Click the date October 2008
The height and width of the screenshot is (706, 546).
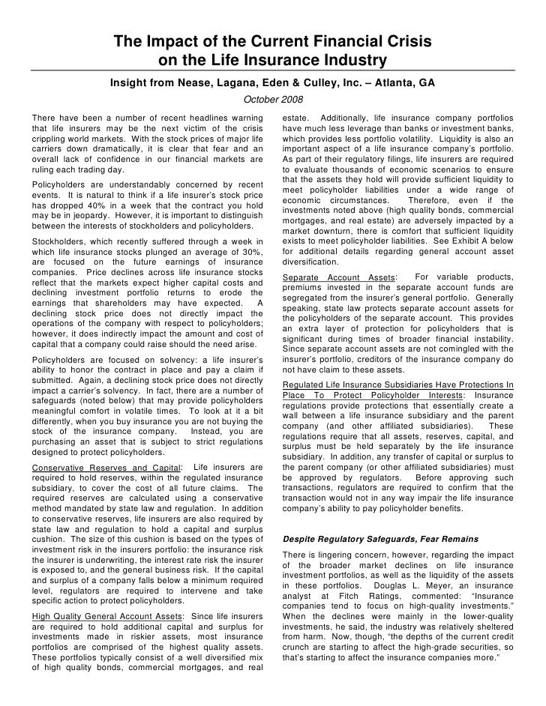(273, 100)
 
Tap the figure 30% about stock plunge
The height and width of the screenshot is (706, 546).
(250, 241)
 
